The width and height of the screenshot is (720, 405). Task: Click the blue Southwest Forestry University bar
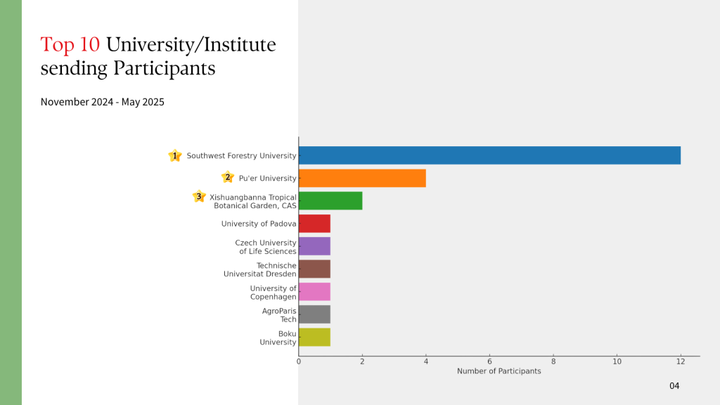[489, 155]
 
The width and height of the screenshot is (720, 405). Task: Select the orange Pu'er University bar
[362, 178]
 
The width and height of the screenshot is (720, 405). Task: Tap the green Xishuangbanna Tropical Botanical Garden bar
[330, 201]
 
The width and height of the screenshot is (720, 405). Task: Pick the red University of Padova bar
[314, 224]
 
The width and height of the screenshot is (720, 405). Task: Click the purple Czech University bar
[314, 247]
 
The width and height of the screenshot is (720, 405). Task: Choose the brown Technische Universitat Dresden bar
[314, 269]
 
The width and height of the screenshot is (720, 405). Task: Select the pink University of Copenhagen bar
[314, 292]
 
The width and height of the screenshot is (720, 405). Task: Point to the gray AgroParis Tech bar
[314, 314]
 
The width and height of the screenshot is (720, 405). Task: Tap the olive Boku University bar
[314, 337]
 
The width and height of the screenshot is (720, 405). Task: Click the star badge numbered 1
[175, 155]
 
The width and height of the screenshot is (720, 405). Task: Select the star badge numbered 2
[227, 177]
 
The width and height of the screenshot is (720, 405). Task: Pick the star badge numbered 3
[199, 196]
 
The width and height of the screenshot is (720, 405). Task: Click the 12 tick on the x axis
[681, 361]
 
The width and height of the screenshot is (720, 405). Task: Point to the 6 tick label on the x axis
[489, 361]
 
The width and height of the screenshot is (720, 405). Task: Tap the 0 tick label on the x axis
[299, 361]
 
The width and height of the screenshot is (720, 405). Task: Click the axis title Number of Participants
[499, 371]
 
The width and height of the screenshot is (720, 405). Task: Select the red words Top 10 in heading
[70, 45]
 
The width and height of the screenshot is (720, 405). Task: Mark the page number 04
[674, 386]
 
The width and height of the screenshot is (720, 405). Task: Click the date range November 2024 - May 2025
[103, 102]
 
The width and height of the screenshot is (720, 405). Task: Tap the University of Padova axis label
[259, 224]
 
